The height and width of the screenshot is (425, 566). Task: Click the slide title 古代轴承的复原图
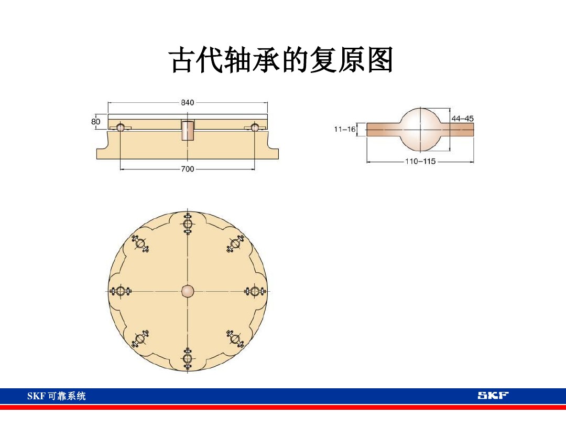[x=281, y=61]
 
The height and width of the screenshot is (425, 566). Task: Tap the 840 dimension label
[x=188, y=103]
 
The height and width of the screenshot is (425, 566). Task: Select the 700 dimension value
[x=188, y=169]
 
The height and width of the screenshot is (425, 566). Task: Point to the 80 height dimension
[x=95, y=121]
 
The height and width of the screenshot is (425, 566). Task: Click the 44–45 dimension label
[x=462, y=119]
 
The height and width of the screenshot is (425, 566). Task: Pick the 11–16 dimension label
[x=344, y=129]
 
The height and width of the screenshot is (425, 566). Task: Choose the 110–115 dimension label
[x=421, y=162]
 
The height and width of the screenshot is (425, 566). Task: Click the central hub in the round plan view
[x=188, y=291]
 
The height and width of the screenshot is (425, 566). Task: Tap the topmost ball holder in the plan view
[x=188, y=224]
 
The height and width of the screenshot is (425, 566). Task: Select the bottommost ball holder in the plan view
[x=188, y=358]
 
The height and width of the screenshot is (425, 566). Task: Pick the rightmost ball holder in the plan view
[x=255, y=291]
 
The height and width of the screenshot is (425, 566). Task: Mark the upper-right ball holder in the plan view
[x=235, y=243]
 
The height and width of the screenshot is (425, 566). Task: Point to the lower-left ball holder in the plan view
[x=140, y=339]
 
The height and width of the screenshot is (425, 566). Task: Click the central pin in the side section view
[x=188, y=130]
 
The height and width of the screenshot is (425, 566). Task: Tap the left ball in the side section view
[x=121, y=127]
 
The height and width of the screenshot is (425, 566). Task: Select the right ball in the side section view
[x=255, y=127]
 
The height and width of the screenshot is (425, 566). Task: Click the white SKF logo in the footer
[x=493, y=396]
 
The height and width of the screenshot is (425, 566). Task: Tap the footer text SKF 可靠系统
[x=57, y=396]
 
